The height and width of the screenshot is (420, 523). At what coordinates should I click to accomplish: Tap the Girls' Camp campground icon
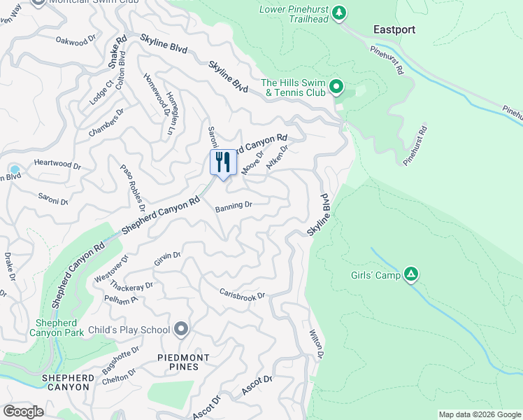pyautogui.click(x=412, y=275)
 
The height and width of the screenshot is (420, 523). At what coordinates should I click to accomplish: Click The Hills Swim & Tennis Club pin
pyautogui.click(x=336, y=87)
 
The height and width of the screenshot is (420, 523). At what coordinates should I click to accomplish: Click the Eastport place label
pyautogui.click(x=394, y=29)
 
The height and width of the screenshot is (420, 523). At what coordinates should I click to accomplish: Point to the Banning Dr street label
pyautogui.click(x=234, y=206)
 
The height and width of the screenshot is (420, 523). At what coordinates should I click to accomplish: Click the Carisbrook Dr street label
pyautogui.click(x=243, y=295)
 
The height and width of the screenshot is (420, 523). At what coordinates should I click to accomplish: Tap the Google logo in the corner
pyautogui.click(x=24, y=411)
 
